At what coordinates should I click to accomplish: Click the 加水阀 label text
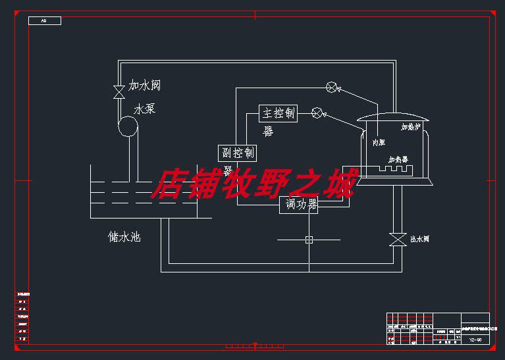click(x=144, y=86)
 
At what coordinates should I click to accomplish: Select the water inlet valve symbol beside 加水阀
click(x=119, y=91)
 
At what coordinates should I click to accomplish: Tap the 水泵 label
click(x=144, y=109)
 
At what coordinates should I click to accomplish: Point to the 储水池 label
click(x=124, y=236)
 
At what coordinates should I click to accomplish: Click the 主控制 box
click(x=278, y=113)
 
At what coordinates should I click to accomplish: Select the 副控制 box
click(x=237, y=153)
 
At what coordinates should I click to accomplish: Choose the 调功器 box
click(x=299, y=205)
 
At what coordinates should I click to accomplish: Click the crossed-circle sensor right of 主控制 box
click(x=317, y=113)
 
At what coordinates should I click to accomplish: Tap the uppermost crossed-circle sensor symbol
click(x=332, y=86)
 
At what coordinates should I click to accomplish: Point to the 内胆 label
click(x=379, y=142)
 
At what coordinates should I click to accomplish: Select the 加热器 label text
click(x=398, y=160)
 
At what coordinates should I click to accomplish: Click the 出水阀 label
click(x=419, y=239)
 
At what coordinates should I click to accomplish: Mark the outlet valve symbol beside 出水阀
click(x=397, y=240)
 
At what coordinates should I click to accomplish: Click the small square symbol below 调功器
click(x=309, y=240)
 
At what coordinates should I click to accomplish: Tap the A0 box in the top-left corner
click(x=45, y=21)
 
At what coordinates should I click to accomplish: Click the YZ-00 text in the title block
click(x=475, y=340)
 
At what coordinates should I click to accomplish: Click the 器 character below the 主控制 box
click(x=268, y=132)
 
